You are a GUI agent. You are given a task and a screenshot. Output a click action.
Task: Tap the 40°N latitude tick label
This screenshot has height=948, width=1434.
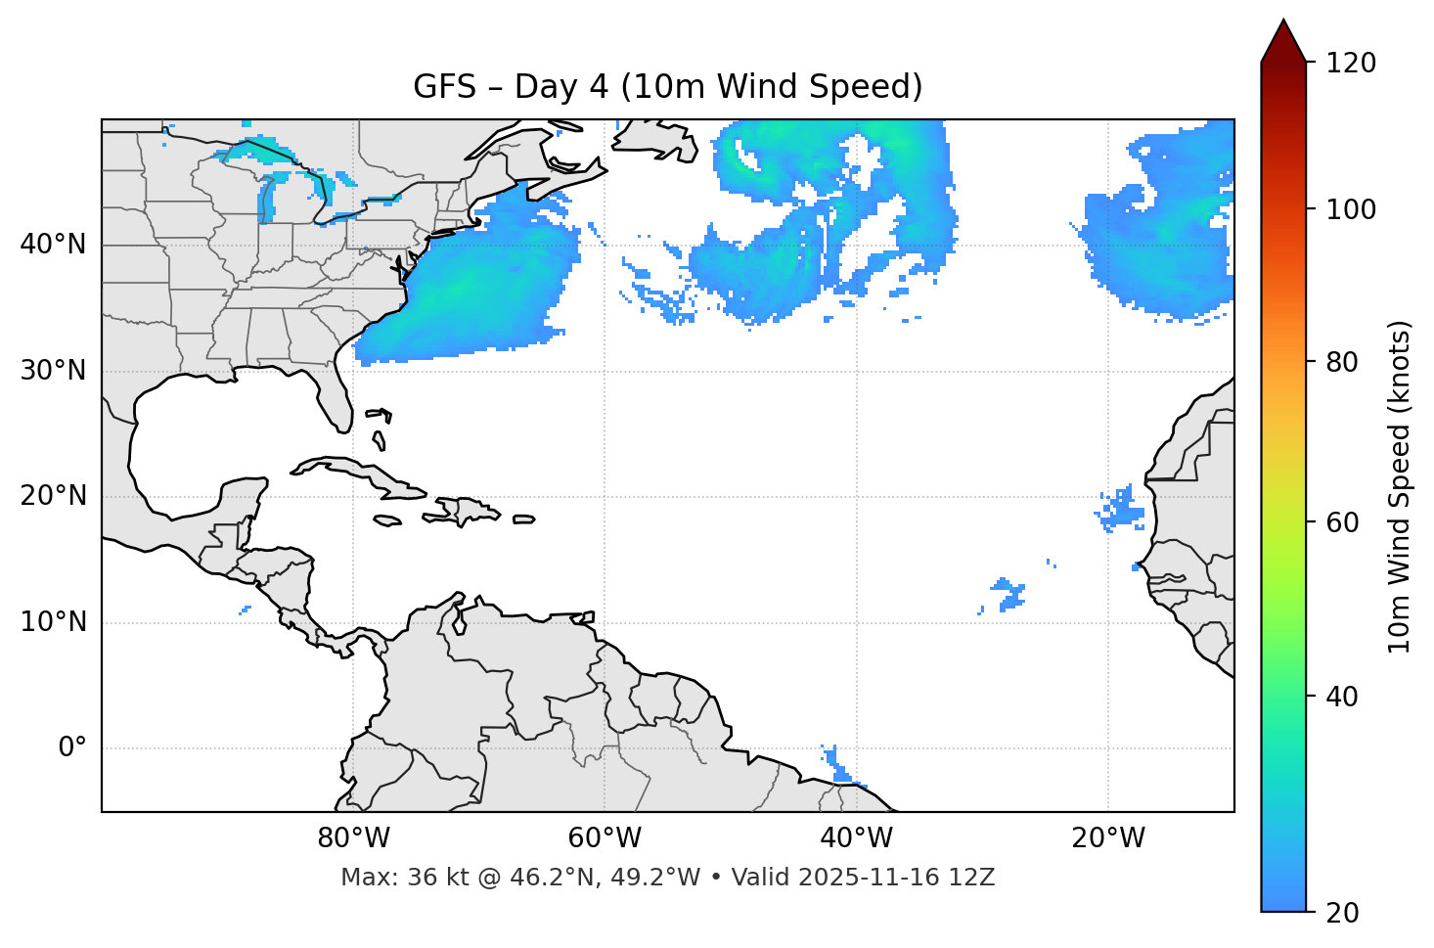point(53,245)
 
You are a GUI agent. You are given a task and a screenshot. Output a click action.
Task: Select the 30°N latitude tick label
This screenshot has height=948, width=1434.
point(53,371)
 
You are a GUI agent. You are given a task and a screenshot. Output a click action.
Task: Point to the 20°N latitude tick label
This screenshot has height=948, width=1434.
point(53,496)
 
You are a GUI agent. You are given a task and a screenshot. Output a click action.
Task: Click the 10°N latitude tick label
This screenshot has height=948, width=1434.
point(53,622)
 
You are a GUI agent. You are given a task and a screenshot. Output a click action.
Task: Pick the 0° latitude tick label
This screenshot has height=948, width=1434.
point(72,748)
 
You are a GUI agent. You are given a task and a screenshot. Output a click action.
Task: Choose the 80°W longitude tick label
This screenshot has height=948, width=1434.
point(353,838)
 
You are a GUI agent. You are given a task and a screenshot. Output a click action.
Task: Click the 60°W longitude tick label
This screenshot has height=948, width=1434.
point(605,838)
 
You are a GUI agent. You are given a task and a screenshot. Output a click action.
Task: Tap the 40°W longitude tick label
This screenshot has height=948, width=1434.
point(856,838)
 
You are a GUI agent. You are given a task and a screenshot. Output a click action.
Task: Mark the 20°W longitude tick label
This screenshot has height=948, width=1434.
point(1107,838)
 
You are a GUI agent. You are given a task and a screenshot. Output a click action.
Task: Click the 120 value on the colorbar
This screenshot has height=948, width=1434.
point(1350,64)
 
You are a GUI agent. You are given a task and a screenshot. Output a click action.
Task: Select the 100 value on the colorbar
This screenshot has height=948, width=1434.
point(1350,209)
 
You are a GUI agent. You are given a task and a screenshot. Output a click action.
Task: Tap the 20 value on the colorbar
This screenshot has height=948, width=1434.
point(1343,913)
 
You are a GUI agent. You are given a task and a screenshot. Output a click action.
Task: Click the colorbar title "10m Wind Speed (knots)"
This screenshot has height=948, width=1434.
point(1400,487)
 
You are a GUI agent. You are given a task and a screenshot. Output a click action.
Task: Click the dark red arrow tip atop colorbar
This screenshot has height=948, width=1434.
point(1283,37)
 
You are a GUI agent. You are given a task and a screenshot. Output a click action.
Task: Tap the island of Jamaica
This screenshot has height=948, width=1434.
point(387,520)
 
